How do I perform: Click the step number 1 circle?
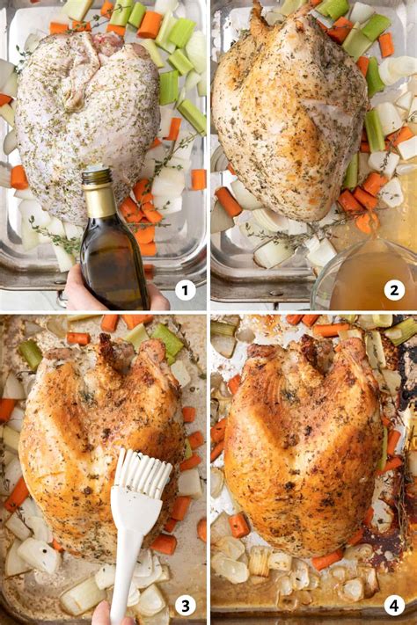185,290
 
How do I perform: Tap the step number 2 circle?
393,290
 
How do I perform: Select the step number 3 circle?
185,605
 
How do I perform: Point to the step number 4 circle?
393,605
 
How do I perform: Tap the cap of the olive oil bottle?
97,177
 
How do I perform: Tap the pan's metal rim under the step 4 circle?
393,620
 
